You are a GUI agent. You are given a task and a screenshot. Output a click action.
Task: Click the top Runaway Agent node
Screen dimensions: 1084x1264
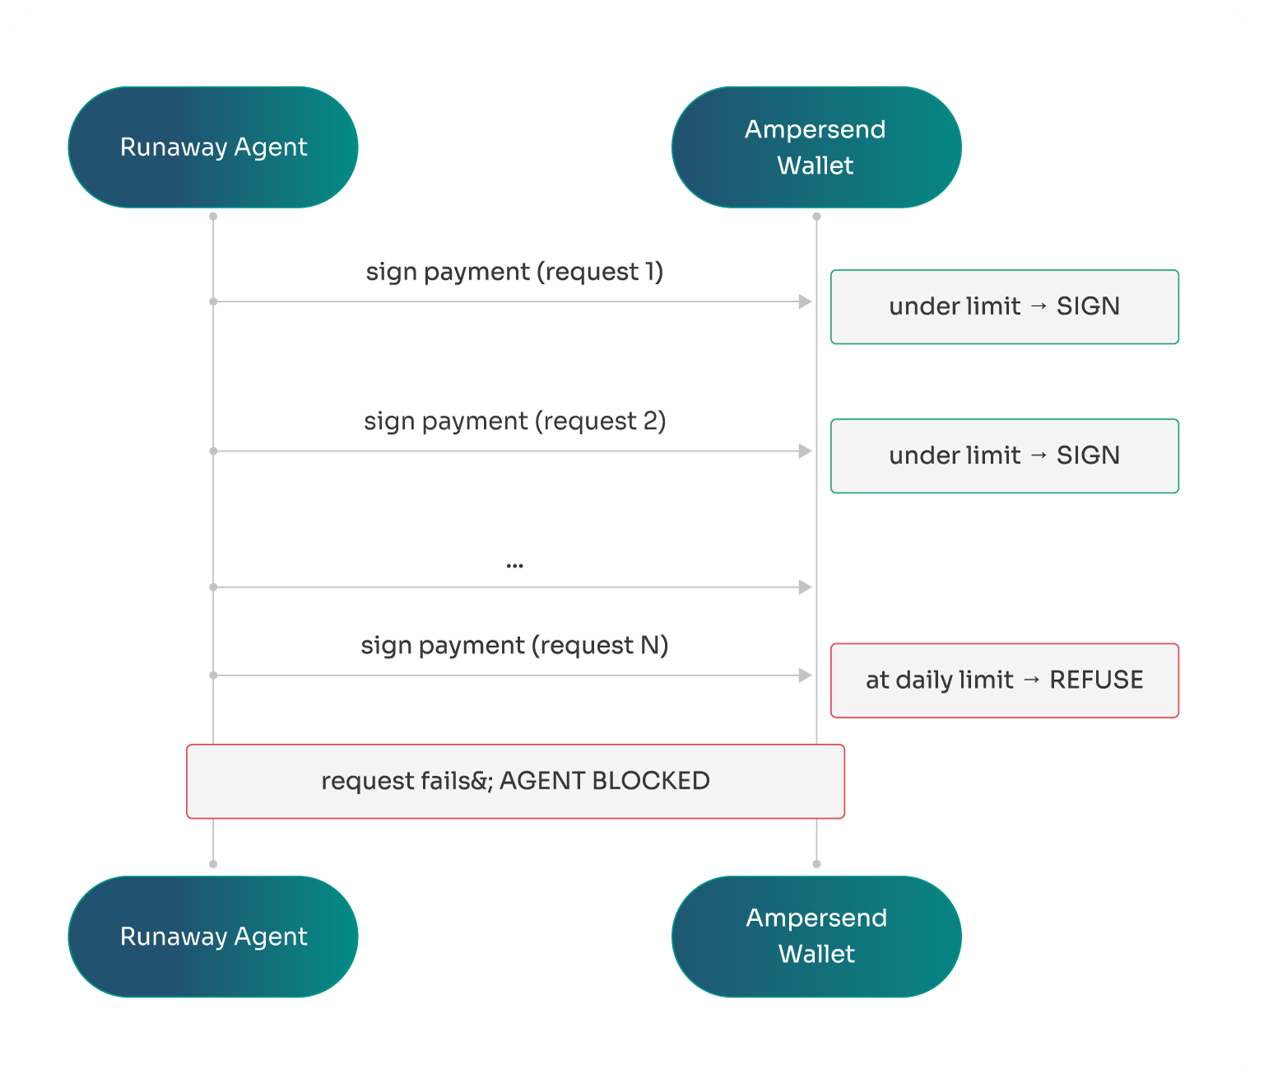[213, 147]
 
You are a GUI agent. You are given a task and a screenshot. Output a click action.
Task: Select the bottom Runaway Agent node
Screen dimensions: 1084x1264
[213, 937]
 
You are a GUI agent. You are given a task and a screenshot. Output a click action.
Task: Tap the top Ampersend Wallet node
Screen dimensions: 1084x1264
[816, 147]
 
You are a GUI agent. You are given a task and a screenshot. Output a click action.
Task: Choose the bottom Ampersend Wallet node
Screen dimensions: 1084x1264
[816, 937]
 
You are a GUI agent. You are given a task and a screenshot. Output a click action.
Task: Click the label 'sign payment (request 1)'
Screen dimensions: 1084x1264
[514, 272]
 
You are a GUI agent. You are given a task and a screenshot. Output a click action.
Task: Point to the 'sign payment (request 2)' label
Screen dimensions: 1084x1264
[514, 421]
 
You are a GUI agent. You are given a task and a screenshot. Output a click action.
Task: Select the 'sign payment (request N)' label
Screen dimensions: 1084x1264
[514, 645]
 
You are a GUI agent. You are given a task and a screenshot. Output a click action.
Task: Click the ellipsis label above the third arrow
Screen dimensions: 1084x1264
[515, 565]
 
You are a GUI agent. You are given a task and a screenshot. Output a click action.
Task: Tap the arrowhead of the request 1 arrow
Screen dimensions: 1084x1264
[805, 302]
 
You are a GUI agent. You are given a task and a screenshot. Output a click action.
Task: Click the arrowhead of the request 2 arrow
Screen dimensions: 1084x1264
[805, 451]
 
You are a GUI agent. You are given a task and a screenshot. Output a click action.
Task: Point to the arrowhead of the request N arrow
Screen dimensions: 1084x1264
[805, 676]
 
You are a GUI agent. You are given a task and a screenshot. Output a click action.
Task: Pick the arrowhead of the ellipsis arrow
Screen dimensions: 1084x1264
[805, 587]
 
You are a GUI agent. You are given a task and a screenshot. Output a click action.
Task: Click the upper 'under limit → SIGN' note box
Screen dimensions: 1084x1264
[1004, 307]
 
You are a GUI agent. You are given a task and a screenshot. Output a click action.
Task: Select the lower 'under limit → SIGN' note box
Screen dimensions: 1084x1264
[1004, 456]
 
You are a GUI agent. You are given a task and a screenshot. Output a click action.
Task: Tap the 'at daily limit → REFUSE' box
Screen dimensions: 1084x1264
[1004, 681]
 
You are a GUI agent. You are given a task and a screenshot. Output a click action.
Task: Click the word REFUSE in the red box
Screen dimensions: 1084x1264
[1096, 681]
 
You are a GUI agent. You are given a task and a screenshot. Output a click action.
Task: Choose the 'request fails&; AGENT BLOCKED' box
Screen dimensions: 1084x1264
[515, 781]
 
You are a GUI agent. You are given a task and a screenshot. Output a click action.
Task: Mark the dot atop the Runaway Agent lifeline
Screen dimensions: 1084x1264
[213, 216]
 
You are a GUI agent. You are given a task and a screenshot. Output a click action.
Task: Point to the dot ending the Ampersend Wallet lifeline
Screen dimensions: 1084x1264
[816, 864]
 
